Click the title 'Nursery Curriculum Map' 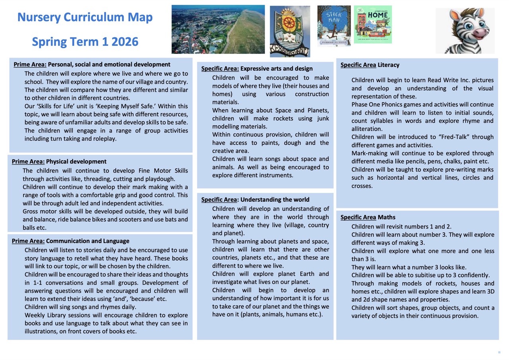click(x=85, y=18)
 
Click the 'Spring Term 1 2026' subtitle click(x=85, y=41)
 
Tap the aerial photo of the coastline click(x=218, y=29)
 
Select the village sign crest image click(x=290, y=31)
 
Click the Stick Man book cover click(x=334, y=25)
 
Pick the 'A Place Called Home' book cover click(x=373, y=24)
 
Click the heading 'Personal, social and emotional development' click(x=109, y=64)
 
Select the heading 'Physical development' click(x=76, y=162)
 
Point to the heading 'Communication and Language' click(x=87, y=241)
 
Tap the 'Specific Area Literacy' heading click(x=370, y=65)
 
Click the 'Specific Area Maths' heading click(x=368, y=217)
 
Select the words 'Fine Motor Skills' click(x=164, y=171)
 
